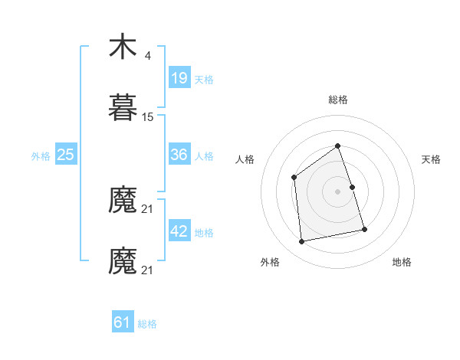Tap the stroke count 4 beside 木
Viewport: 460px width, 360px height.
point(147,55)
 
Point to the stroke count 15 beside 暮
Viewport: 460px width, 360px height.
point(148,117)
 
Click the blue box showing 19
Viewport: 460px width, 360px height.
point(179,78)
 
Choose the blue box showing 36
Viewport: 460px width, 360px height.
point(179,155)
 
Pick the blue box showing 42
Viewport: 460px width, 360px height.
point(179,231)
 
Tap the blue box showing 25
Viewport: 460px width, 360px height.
point(66,155)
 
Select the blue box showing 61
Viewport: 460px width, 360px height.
point(123,322)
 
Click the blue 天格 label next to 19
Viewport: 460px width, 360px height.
point(204,80)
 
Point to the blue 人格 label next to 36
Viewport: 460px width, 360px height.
point(204,156)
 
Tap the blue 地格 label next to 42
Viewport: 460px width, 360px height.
point(204,233)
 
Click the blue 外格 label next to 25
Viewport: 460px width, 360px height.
point(41,156)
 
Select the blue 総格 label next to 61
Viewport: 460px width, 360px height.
point(147,324)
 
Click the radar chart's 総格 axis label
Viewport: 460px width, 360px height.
point(337,100)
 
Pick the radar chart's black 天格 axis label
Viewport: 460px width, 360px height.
point(432,159)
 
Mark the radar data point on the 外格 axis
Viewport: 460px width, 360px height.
point(302,242)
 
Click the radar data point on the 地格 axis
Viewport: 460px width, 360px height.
point(364,229)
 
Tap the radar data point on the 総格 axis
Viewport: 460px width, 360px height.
point(337,146)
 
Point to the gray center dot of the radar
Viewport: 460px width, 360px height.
point(337,191)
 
